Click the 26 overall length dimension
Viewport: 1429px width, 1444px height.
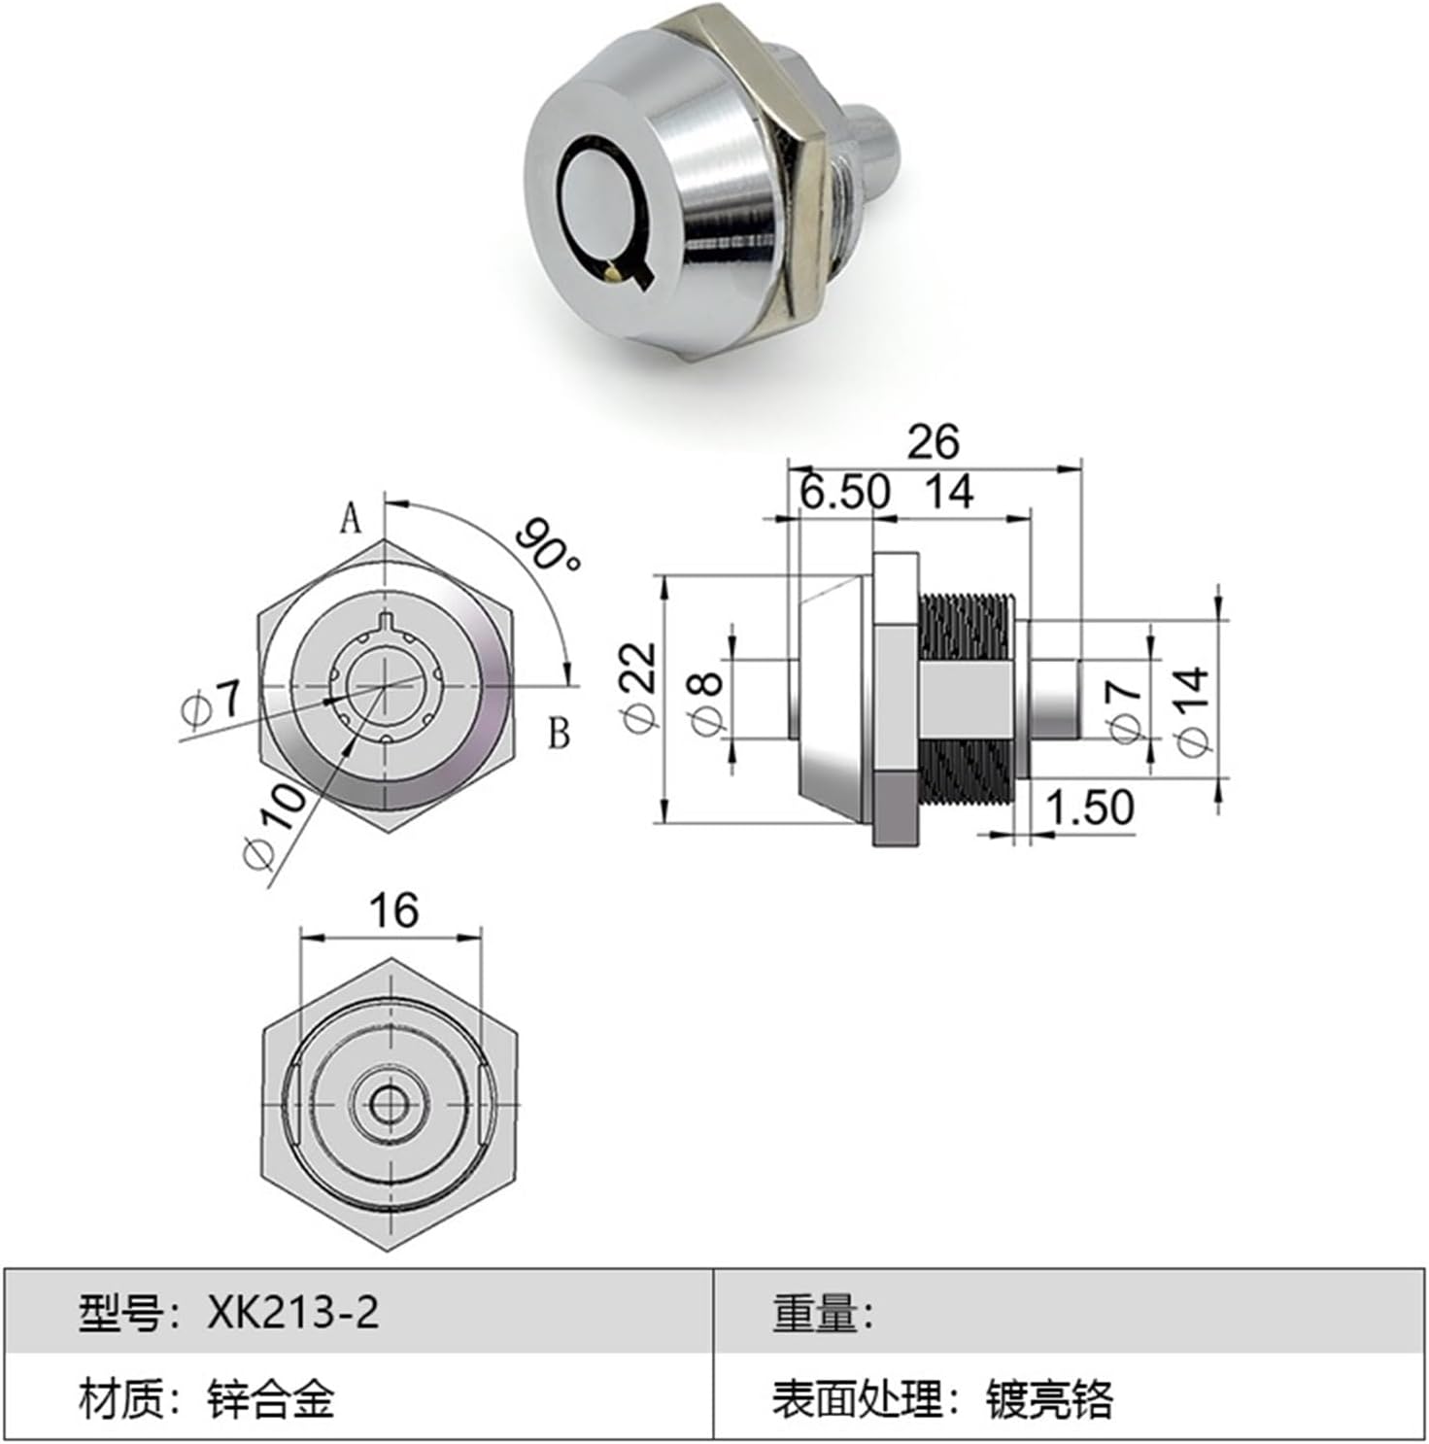click(933, 442)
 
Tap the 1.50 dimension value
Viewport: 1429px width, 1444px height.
click(1089, 807)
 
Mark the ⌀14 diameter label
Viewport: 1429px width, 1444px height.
click(1193, 710)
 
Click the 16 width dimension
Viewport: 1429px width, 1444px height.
click(392, 911)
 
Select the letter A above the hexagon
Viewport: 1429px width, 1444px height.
click(351, 520)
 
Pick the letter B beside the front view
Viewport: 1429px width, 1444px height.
click(559, 734)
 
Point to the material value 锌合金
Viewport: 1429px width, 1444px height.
click(271, 1399)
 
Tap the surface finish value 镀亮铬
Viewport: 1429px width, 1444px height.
click(1049, 1399)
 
